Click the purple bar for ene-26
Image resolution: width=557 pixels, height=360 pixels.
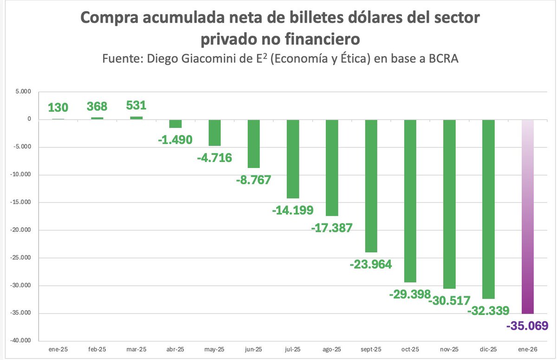[x=528, y=216]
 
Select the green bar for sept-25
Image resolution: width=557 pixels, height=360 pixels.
[x=371, y=186]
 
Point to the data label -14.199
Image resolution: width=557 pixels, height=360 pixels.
[x=293, y=210]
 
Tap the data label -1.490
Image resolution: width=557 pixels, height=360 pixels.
[x=175, y=140]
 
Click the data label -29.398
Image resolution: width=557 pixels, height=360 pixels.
[x=409, y=294]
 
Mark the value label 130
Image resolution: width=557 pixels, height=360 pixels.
[x=58, y=108]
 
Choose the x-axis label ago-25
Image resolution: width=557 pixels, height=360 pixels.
[x=332, y=349]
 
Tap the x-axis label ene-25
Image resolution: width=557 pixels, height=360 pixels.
[x=58, y=349]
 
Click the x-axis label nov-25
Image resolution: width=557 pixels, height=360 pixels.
[x=449, y=349]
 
